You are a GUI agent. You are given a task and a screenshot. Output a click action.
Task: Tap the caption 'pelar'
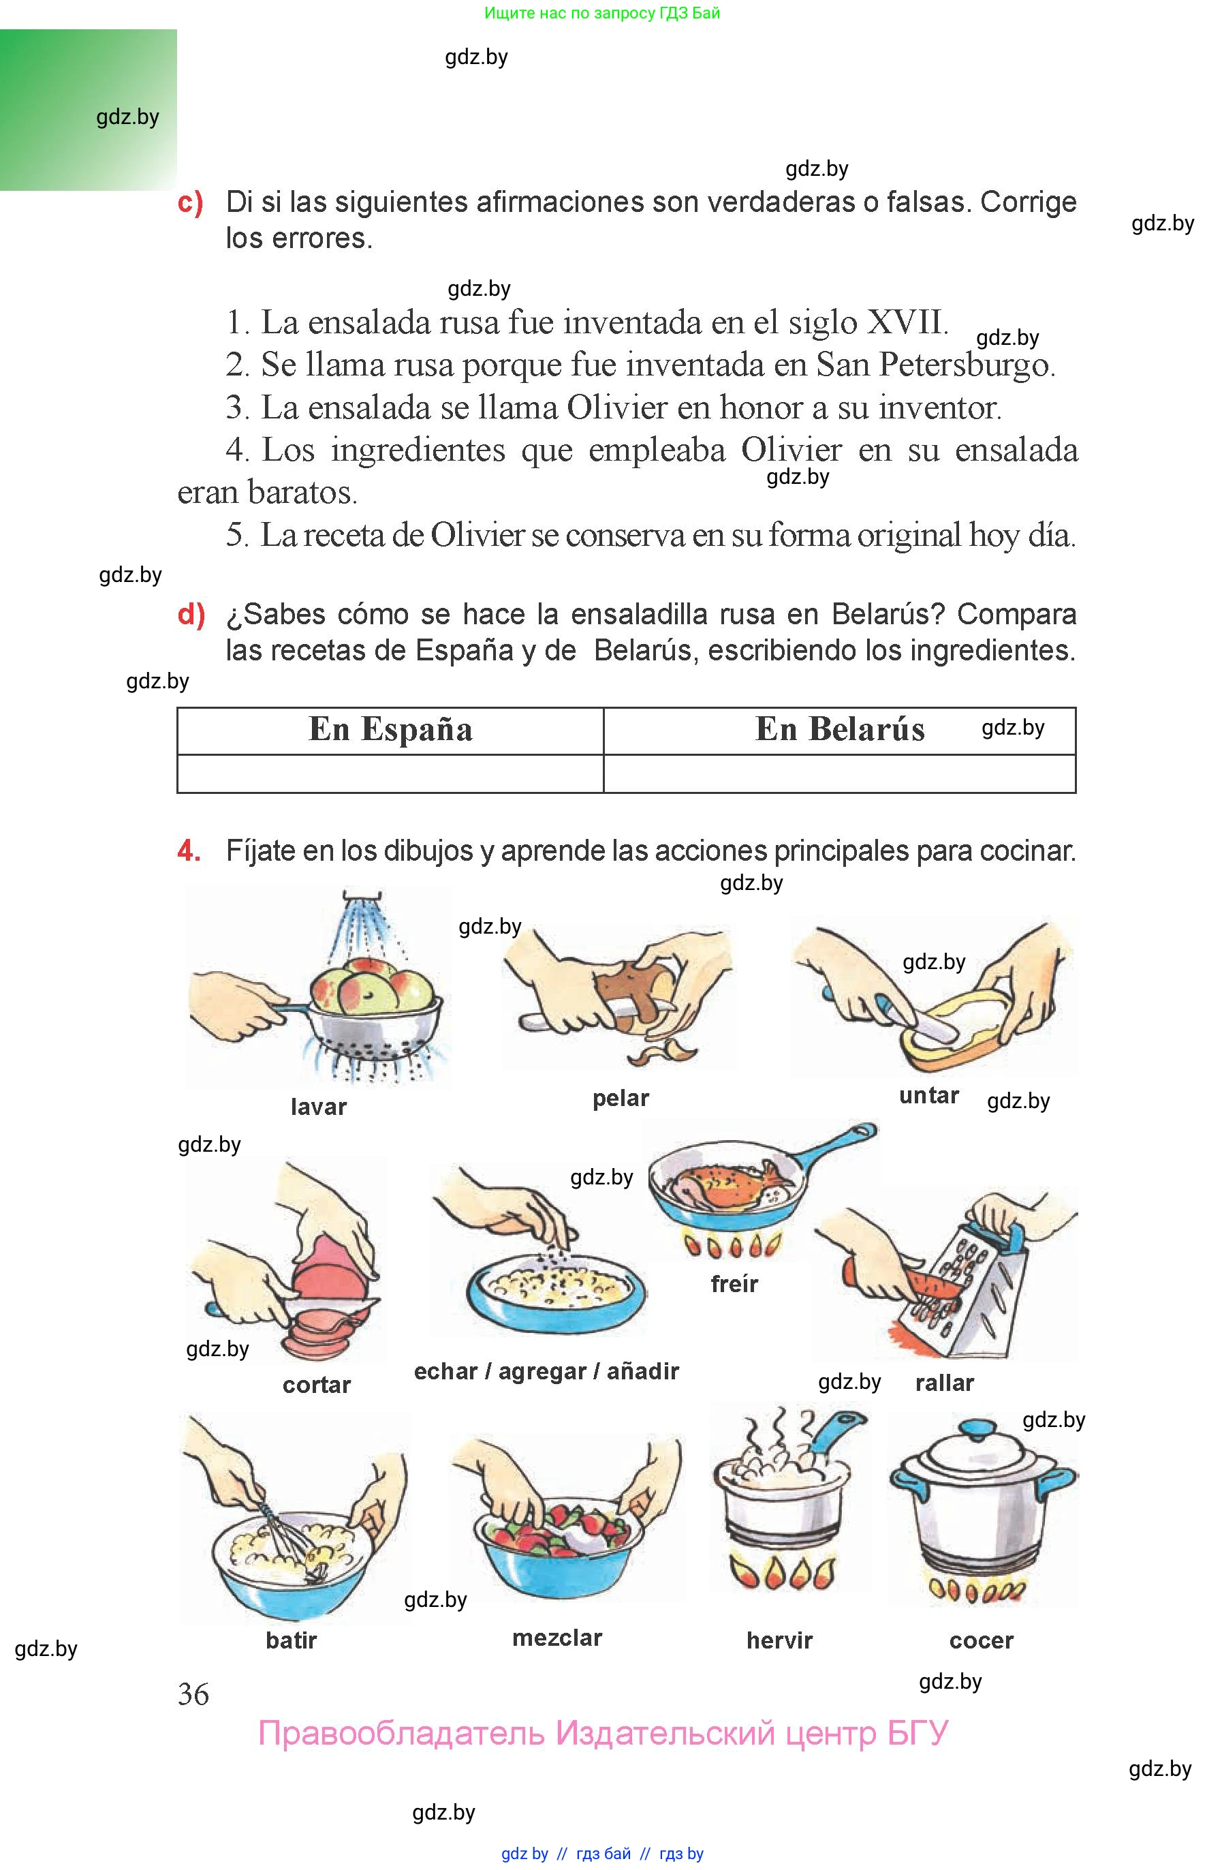tap(621, 1098)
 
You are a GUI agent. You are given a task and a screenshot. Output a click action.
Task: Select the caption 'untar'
tap(929, 1095)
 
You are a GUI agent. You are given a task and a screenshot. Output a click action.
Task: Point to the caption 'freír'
tap(734, 1283)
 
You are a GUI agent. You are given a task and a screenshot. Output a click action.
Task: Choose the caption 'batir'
tap(292, 1640)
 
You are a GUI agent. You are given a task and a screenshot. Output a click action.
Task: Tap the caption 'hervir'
tap(779, 1640)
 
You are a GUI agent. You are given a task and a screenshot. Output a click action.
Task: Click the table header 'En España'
tap(390, 730)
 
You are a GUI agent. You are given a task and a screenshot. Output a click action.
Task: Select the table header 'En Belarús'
tap(839, 730)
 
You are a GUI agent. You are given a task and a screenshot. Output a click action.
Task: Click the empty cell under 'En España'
tap(390, 774)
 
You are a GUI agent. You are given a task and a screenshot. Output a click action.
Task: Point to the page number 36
tap(193, 1694)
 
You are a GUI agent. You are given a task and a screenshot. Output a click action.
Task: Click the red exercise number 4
tap(188, 850)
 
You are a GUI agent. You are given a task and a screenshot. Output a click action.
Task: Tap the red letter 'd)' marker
tap(191, 614)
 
